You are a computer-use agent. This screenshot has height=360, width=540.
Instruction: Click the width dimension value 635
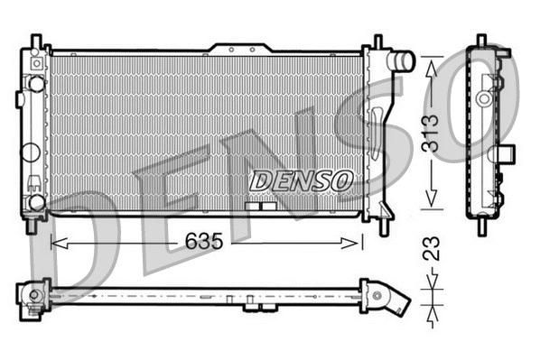(206, 241)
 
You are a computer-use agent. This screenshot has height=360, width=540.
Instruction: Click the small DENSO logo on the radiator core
(300, 180)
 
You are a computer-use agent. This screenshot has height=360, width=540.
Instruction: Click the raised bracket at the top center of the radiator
(238, 47)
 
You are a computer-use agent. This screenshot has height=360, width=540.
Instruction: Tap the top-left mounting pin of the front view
(35, 42)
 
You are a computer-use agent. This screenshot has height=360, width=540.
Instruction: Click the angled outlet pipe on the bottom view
(395, 300)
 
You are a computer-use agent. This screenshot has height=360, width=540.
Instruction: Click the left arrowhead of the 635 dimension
(56, 242)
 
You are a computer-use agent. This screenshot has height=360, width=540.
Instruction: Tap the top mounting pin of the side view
(480, 41)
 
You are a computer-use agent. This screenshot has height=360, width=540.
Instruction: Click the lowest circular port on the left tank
(37, 200)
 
